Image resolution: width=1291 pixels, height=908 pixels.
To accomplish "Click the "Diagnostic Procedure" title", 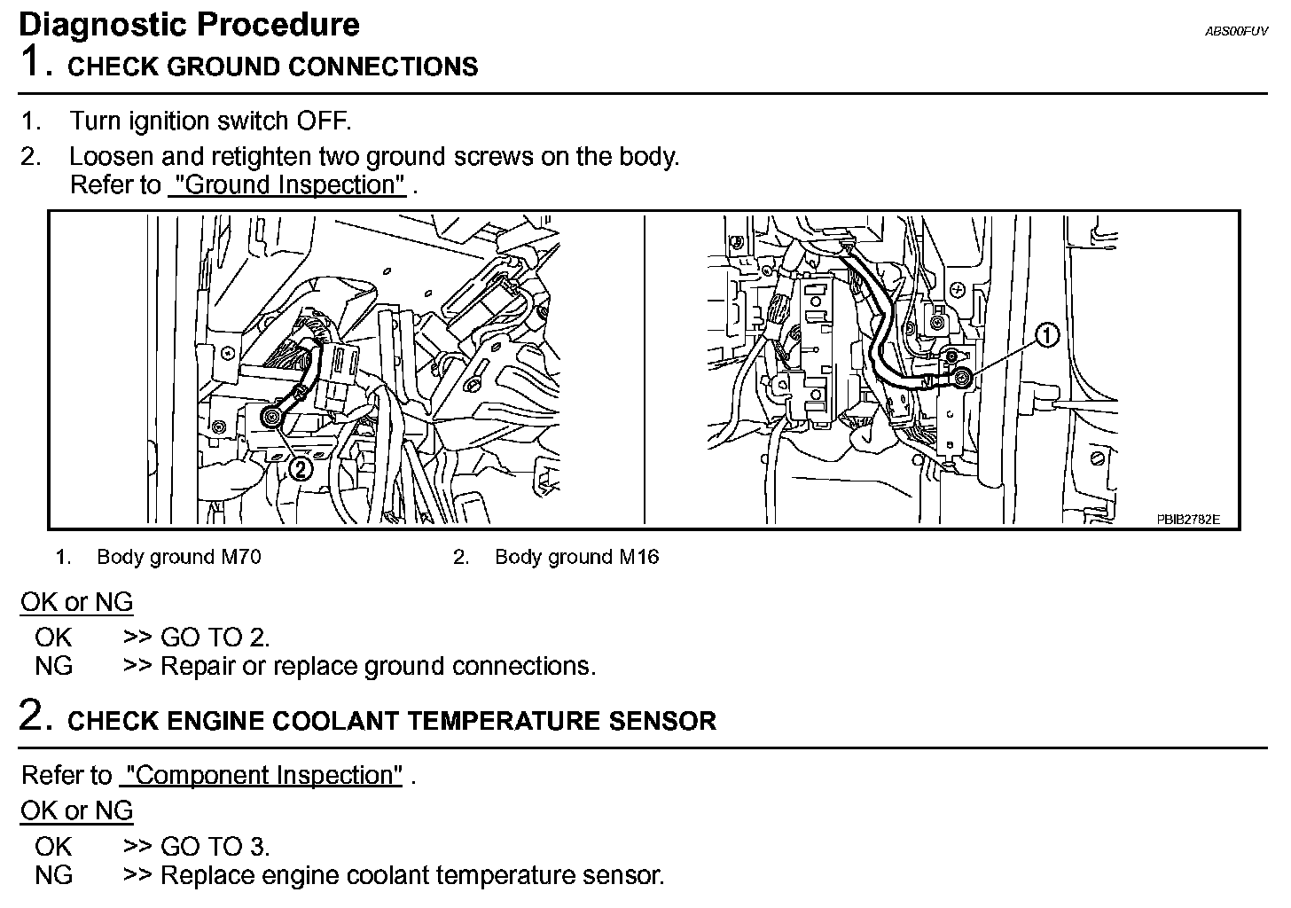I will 189,25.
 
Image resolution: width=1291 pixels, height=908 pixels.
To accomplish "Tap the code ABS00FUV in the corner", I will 1237,31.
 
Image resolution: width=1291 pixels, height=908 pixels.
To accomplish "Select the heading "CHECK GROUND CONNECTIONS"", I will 272,67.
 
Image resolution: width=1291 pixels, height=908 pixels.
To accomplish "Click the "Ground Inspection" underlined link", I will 287,185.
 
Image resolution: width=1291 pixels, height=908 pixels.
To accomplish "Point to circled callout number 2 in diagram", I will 301,468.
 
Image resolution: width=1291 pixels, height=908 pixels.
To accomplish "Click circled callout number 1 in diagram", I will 1047,336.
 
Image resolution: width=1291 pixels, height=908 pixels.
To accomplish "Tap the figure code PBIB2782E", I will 1187,520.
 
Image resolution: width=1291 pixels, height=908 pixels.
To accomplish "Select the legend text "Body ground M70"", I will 178,558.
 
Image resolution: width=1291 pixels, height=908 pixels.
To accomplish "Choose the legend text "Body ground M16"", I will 576,558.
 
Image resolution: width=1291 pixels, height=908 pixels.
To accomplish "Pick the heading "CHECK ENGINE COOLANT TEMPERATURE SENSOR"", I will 391,721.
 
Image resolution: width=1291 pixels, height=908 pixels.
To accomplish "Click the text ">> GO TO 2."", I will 196,638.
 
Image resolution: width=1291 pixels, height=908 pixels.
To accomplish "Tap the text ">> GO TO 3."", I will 196,847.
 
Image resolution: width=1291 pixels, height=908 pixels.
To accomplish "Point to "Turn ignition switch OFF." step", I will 210,121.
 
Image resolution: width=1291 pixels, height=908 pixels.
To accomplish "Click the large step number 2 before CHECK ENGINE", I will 32,716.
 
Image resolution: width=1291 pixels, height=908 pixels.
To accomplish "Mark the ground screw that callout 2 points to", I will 270,415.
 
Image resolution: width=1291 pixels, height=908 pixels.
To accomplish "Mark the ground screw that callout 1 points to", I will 964,379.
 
